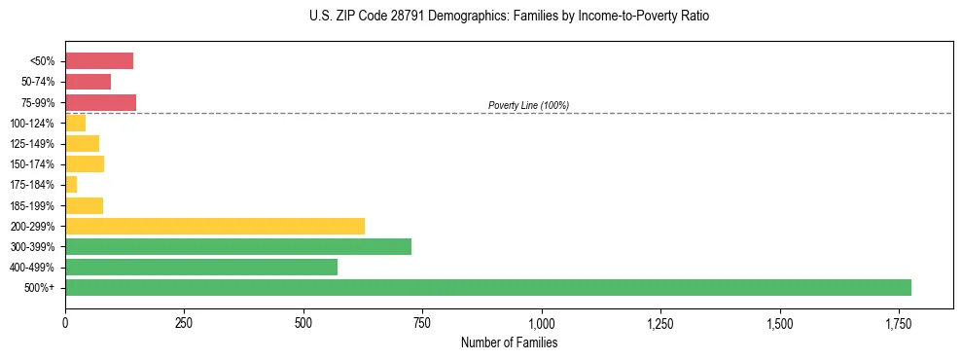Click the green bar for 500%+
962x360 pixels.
pyautogui.click(x=487, y=287)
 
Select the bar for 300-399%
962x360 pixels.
pyautogui.click(x=238, y=246)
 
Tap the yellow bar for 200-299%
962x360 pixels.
pyautogui.click(x=215, y=226)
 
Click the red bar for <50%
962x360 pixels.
pyautogui.click(x=99, y=61)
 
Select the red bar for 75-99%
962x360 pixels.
pyautogui.click(x=100, y=102)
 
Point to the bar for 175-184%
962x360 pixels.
pyautogui.click(x=71, y=184)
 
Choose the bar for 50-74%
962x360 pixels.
pyautogui.click(x=88, y=82)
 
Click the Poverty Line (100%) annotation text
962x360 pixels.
pyautogui.click(x=528, y=105)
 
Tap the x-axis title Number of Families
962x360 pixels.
pyautogui.click(x=509, y=342)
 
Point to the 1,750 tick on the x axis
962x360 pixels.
pyautogui.click(x=899, y=323)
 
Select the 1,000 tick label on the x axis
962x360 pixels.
pyautogui.click(x=542, y=323)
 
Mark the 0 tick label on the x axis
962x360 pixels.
pyautogui.click(x=65, y=323)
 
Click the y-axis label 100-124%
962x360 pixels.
pyautogui.click(x=32, y=124)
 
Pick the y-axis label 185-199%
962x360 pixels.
pyautogui.click(x=32, y=205)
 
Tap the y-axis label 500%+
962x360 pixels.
pyautogui.click(x=40, y=288)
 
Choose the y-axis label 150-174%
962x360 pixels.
pyautogui.click(x=32, y=164)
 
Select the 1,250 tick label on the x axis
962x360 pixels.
pyautogui.click(x=660, y=323)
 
